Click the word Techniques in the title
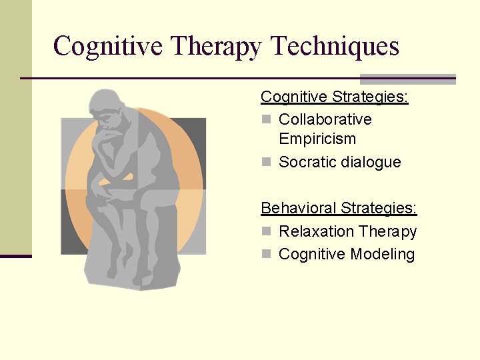point(335,47)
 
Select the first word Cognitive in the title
point(108,47)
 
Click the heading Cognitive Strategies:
point(334,97)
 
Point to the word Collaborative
point(325,119)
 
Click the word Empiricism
point(317,139)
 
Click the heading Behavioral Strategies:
point(339,208)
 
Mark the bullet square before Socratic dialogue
point(267,162)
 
